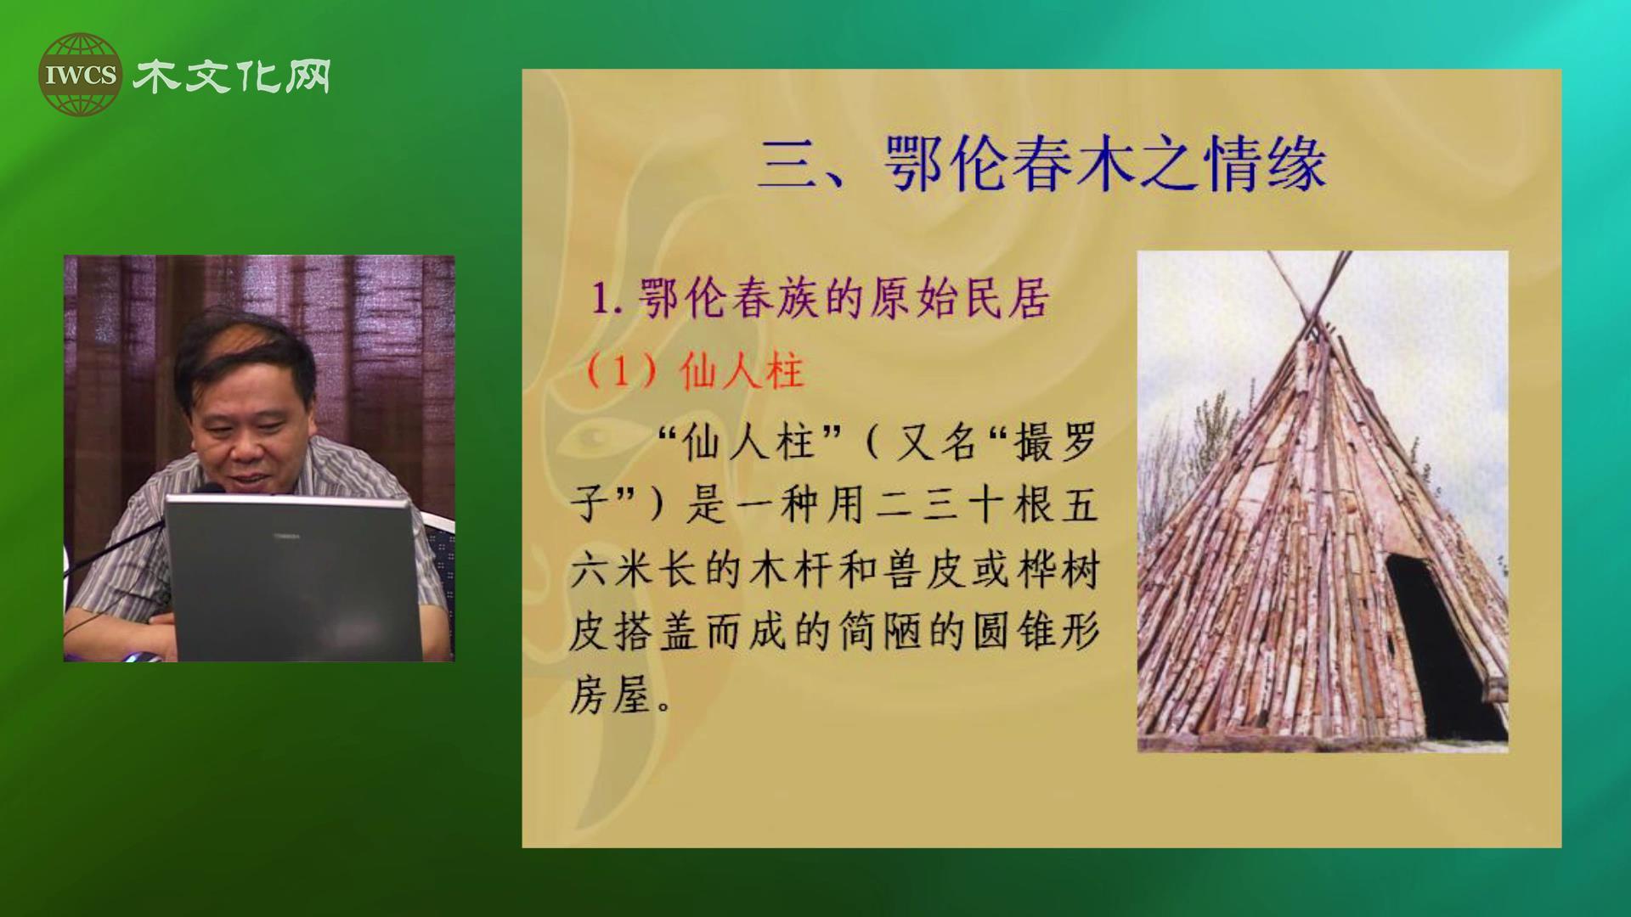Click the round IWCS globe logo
(80, 75)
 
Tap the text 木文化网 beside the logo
(232, 76)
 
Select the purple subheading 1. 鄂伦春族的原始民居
(820, 298)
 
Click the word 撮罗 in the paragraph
(1055, 442)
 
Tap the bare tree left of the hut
(1189, 458)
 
